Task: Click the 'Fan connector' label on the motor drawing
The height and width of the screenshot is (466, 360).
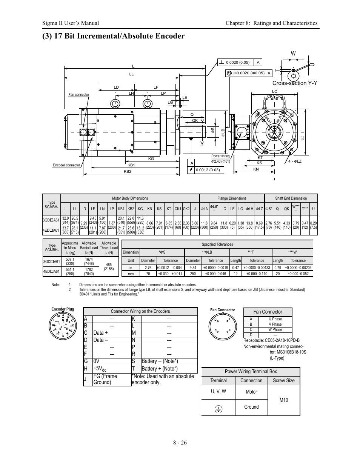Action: (78, 95)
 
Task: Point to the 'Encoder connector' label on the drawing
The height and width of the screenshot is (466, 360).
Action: (66, 165)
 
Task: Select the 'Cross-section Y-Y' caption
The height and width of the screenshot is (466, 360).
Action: (295, 83)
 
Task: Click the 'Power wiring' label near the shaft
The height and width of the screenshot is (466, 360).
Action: (220, 156)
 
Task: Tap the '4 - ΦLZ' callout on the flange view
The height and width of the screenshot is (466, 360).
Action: (295, 161)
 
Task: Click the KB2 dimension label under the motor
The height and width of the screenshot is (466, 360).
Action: (128, 172)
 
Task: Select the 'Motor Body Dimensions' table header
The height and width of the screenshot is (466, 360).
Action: (130, 198)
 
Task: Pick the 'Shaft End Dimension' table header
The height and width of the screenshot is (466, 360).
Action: (291, 198)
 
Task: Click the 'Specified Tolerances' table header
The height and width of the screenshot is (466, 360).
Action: (217, 244)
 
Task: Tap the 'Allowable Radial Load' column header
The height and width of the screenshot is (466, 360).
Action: (89, 248)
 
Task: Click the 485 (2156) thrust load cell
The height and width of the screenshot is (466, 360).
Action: (109, 266)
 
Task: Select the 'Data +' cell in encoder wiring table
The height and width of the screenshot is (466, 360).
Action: (101, 333)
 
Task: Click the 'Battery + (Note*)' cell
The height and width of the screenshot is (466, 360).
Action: (160, 369)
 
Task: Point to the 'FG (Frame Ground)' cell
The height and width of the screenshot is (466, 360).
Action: (105, 379)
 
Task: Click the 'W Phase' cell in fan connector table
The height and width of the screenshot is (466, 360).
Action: (275, 329)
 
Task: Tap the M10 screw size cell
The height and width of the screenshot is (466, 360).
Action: (284, 400)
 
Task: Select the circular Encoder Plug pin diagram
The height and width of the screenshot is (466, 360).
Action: (63, 325)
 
